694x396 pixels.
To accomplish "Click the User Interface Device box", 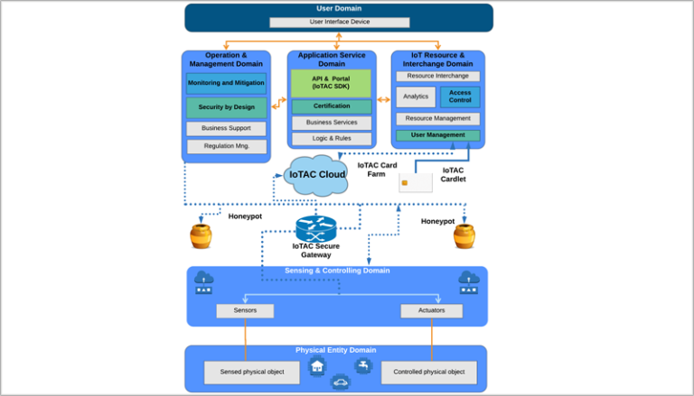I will (x=339, y=22).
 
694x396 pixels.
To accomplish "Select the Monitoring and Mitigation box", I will (x=226, y=83).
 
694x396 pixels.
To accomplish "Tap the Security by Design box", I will (x=226, y=107).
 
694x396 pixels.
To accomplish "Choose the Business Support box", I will (x=226, y=129).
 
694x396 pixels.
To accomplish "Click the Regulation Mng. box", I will (x=226, y=146).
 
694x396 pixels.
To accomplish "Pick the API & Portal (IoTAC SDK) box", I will (x=331, y=83).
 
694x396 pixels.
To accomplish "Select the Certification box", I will (x=331, y=106).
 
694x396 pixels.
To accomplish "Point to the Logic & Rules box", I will (x=331, y=139).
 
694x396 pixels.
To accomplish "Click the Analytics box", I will (x=416, y=97).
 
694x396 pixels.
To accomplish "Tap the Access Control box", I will (x=460, y=97).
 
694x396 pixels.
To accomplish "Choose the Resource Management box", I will (x=437, y=118).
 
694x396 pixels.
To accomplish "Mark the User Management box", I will (x=437, y=135).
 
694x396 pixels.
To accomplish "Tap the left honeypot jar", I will (x=201, y=236).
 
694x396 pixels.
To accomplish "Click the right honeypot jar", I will (x=464, y=236).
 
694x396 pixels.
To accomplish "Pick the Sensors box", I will (x=245, y=310).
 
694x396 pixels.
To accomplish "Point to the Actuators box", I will (x=431, y=310).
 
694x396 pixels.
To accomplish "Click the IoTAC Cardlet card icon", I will (x=415, y=183).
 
